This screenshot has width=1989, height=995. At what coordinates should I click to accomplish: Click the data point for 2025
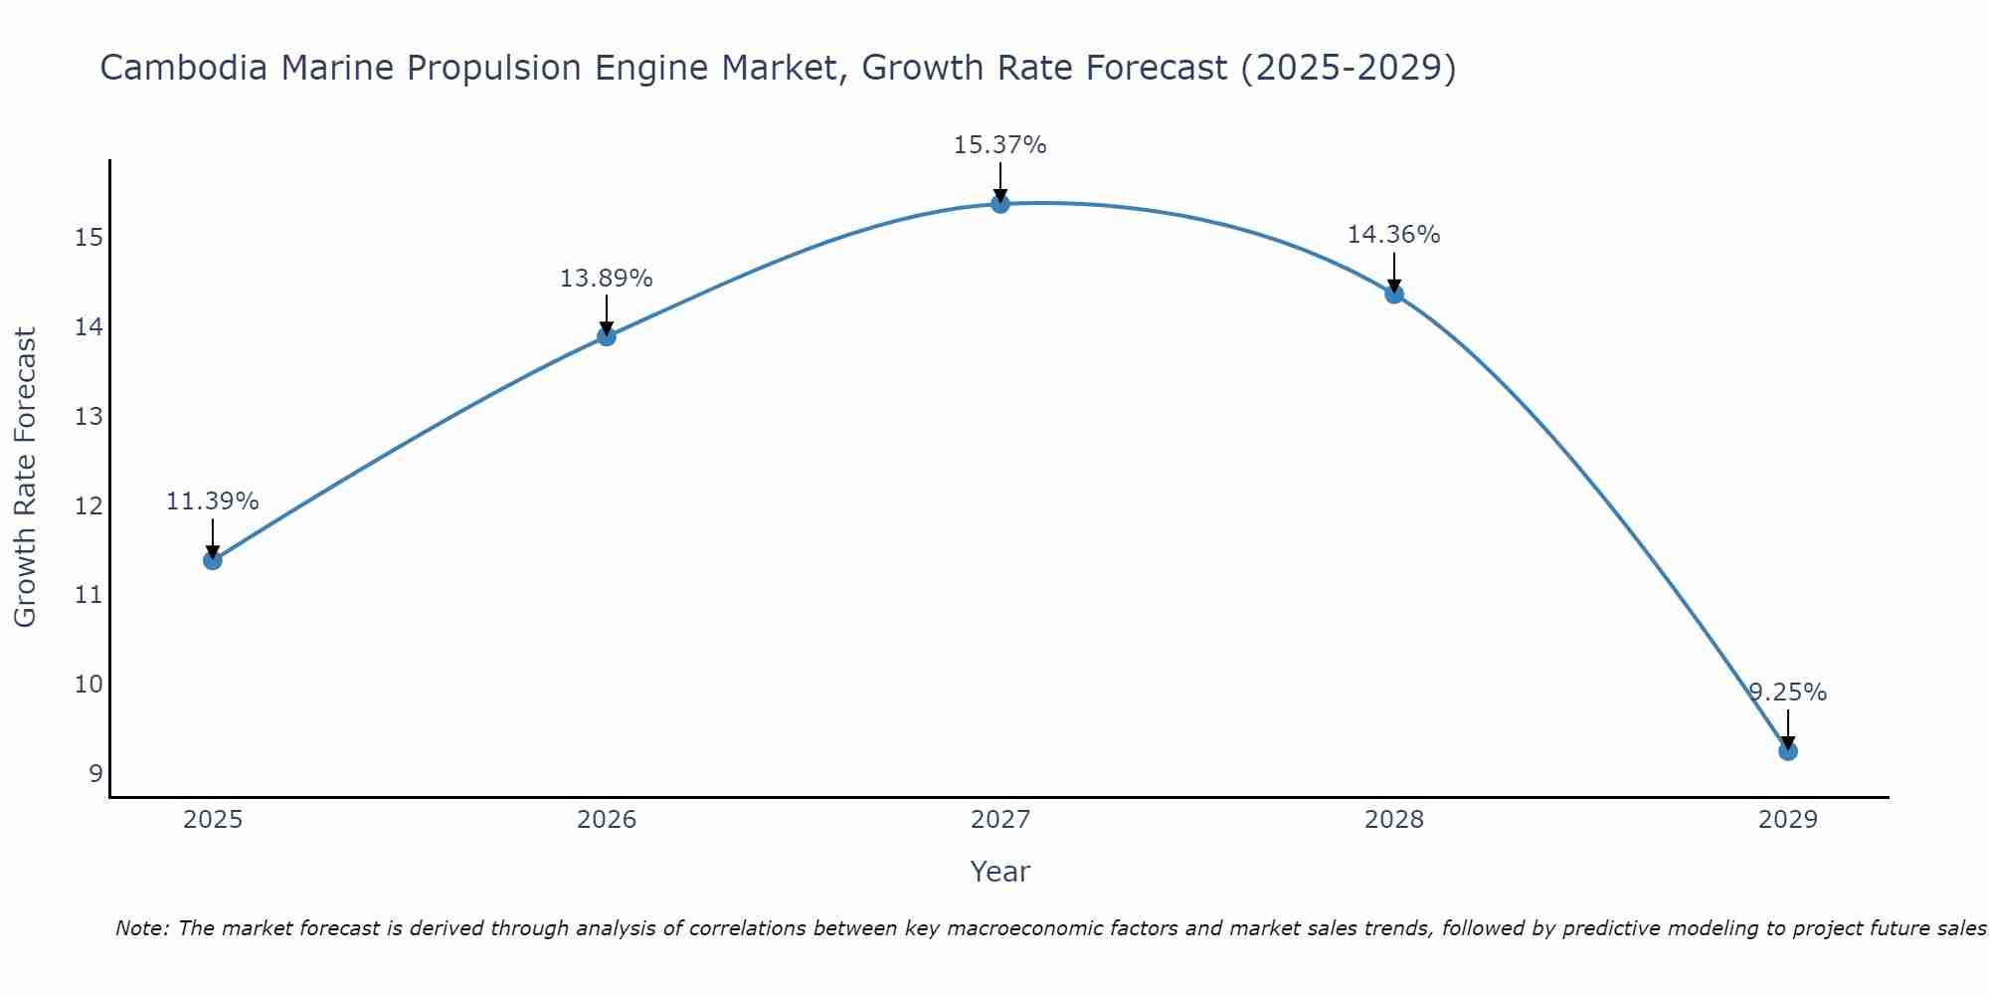point(212,560)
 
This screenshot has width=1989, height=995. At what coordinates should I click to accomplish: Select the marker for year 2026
point(606,336)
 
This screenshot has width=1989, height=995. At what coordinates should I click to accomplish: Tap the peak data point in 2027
point(999,204)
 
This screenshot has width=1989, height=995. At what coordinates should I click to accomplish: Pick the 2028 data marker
point(1393,294)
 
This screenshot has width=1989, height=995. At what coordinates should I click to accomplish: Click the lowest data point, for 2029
point(1787,751)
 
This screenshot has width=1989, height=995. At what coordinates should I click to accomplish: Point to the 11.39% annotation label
point(212,501)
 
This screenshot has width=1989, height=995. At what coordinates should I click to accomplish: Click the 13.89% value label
point(606,279)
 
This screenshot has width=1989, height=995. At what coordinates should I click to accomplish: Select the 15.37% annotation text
point(999,145)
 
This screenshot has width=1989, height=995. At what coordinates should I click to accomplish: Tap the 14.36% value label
point(1393,235)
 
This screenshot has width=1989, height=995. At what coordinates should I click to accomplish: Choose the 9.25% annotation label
point(1787,693)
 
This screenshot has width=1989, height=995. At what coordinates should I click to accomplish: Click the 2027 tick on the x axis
point(999,820)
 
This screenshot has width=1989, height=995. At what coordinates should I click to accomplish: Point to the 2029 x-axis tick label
point(1787,820)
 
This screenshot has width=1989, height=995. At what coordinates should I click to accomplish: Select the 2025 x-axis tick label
point(213,820)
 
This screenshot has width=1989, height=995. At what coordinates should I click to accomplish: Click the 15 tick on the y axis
point(89,238)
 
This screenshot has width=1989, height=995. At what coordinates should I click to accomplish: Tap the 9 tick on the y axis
point(95,774)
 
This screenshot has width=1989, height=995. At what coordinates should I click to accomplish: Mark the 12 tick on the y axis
point(89,506)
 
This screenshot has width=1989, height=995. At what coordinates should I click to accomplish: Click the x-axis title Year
point(999,872)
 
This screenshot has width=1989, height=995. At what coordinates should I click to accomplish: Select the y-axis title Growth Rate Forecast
point(26,477)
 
